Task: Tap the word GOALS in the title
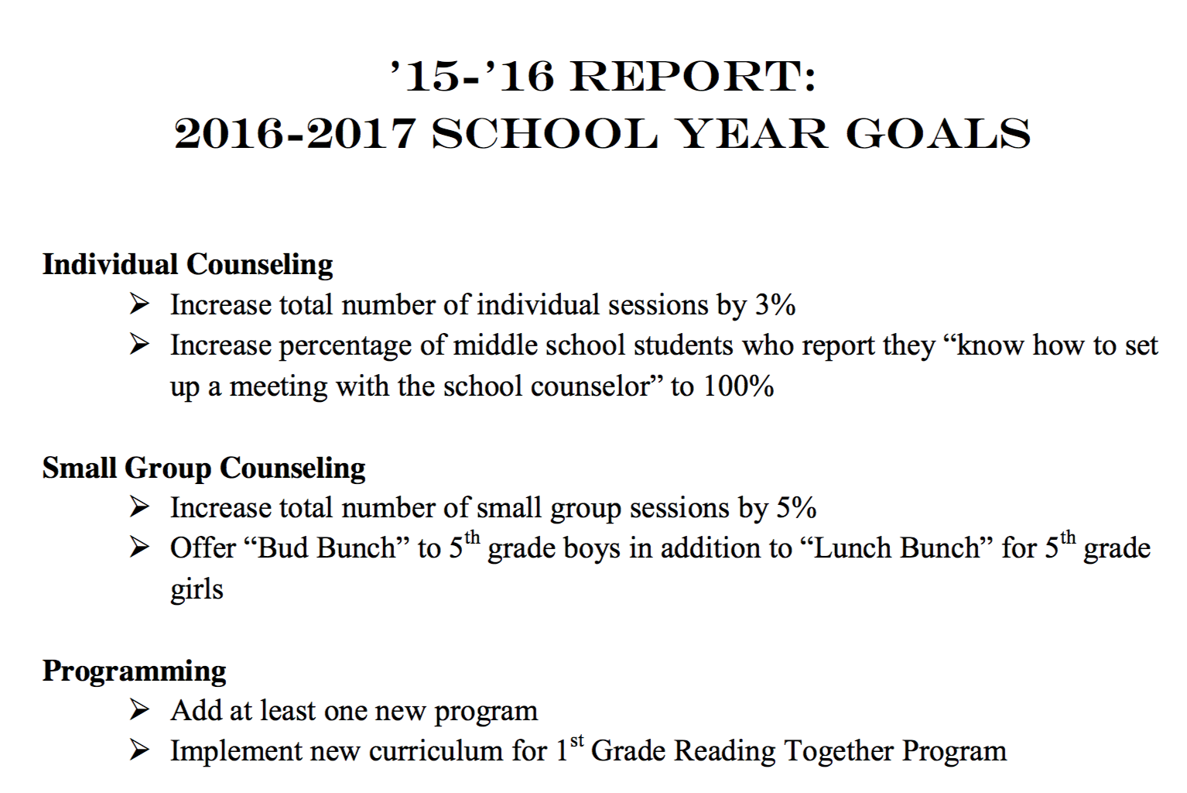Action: [938, 135]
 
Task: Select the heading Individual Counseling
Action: [187, 265]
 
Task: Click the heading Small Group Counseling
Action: [204, 468]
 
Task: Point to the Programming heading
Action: [134, 671]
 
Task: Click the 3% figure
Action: [775, 305]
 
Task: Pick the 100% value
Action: [738, 386]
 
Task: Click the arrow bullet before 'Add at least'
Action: [139, 709]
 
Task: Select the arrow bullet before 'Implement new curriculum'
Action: [139, 750]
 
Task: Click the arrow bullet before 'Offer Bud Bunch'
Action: [139, 548]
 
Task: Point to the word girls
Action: [197, 590]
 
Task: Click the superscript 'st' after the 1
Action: [576, 741]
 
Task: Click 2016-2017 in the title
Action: [295, 135]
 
